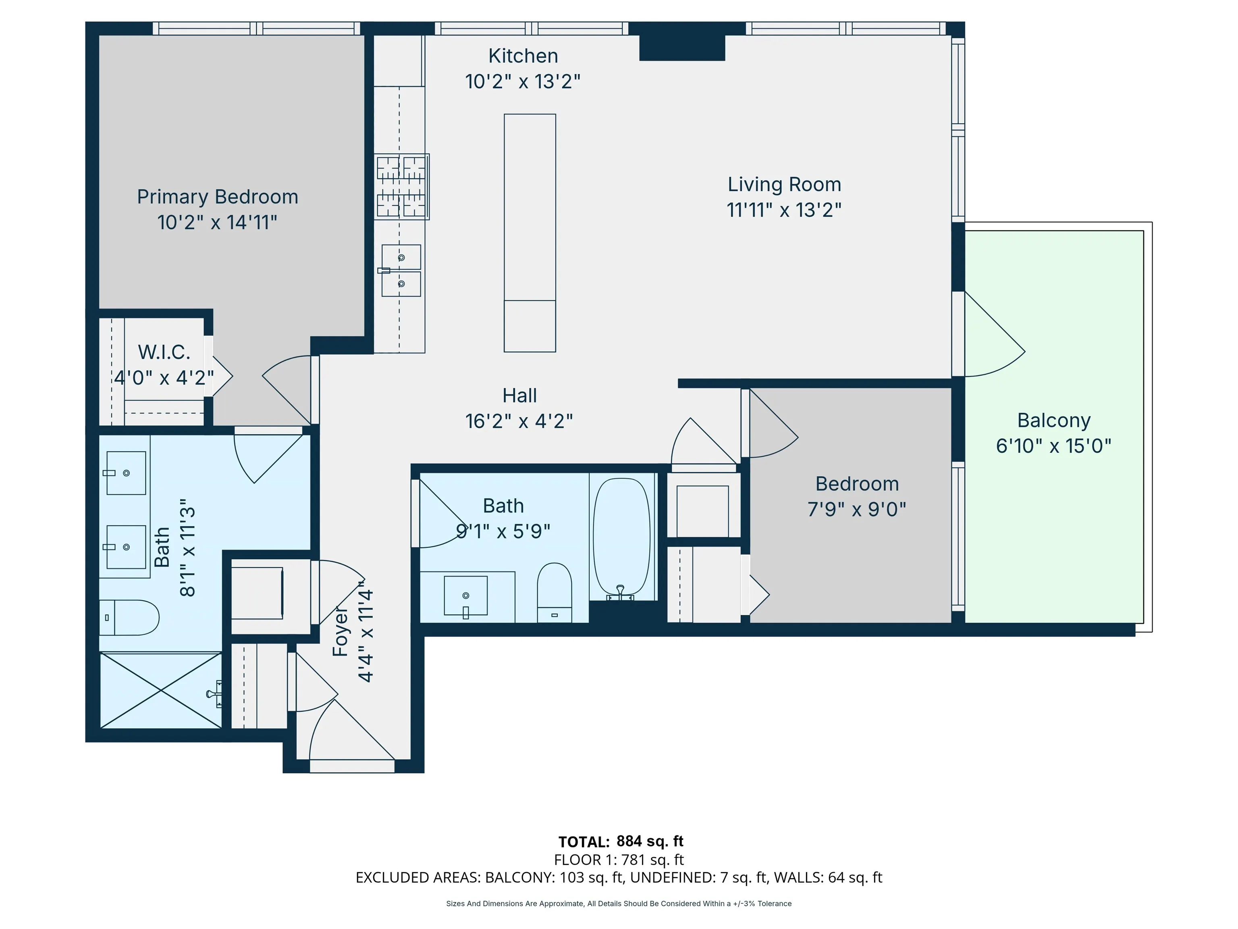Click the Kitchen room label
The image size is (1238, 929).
click(x=523, y=56)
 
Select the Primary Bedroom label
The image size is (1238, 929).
click(x=217, y=197)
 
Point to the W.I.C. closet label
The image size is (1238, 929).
click(x=164, y=352)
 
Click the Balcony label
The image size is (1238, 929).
click(x=1054, y=421)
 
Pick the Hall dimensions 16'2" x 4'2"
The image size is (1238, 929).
click(x=519, y=421)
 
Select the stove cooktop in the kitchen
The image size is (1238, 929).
click(x=401, y=186)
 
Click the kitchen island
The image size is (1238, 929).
click(x=530, y=233)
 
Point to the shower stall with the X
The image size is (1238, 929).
click(x=161, y=690)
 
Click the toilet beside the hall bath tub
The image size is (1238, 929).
click(x=554, y=593)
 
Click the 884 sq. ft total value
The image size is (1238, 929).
click(x=650, y=841)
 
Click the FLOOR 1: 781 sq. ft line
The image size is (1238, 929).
click(x=619, y=860)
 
